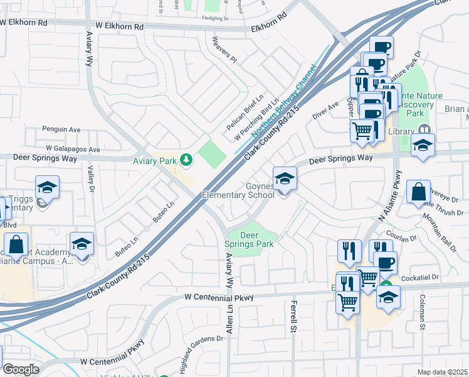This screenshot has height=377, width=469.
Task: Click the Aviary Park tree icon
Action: [x=186, y=160]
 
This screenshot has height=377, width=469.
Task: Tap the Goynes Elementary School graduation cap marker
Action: [x=285, y=179]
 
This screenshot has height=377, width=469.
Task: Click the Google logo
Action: [x=21, y=369]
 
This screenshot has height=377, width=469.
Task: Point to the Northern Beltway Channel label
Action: [x=283, y=102]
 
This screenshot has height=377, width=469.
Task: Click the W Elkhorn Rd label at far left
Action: [x=24, y=21]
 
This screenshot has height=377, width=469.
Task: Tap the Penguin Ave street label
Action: [x=61, y=129]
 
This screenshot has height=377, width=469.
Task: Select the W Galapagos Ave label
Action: [x=68, y=150]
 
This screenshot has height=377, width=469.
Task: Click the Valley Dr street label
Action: [x=91, y=180]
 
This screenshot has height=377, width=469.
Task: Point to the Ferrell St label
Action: [x=293, y=316]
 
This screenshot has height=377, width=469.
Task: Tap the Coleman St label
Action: [x=422, y=312]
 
